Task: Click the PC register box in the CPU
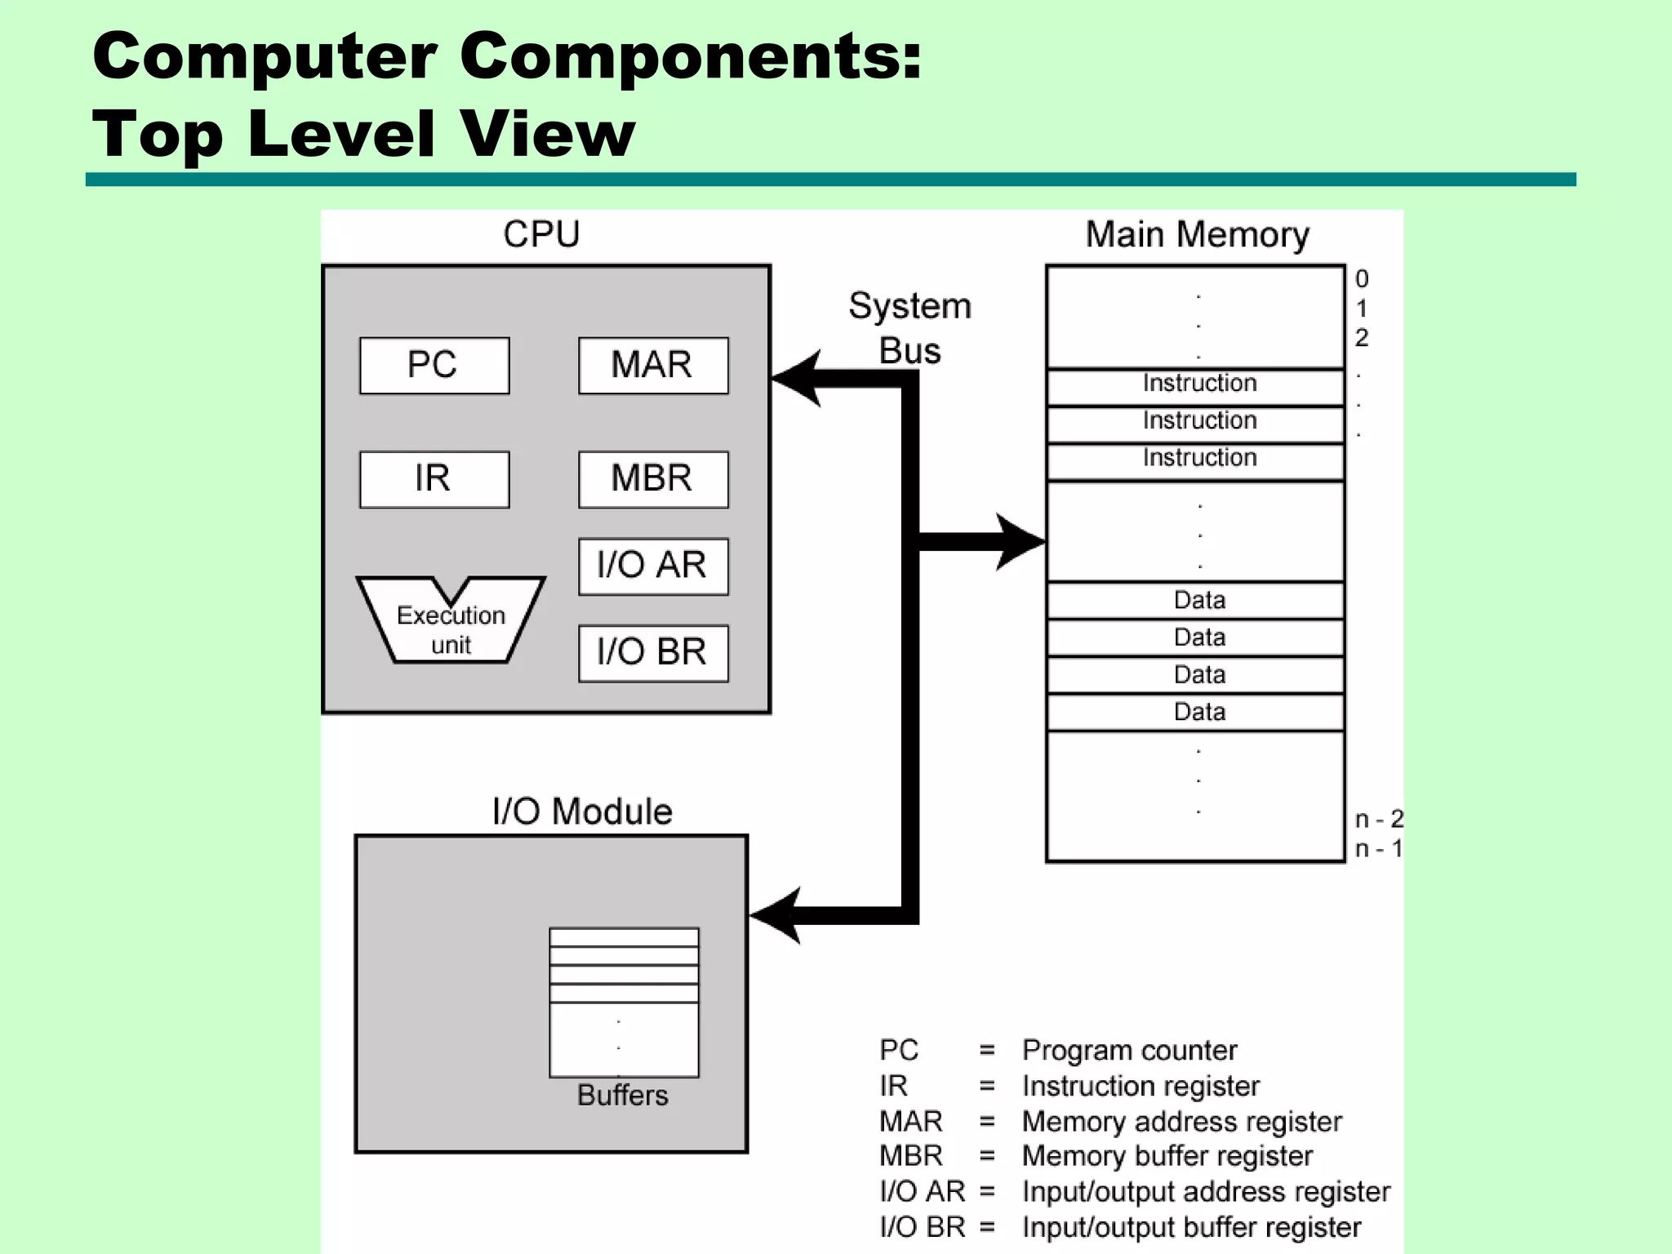coord(434,365)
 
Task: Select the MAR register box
coord(652,365)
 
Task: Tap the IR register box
coord(434,479)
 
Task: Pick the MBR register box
coord(652,479)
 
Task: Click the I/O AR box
coord(652,566)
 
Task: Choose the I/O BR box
coord(652,653)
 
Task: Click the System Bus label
coord(909,328)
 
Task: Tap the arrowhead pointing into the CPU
coord(796,378)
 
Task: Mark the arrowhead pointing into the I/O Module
coord(776,915)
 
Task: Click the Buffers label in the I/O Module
coord(622,1096)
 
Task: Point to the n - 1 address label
coord(1378,849)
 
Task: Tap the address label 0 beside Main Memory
coord(1361,279)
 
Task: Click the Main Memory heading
coord(1197,235)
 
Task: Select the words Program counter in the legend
coord(1129,1050)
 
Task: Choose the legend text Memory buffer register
coord(1167,1156)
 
